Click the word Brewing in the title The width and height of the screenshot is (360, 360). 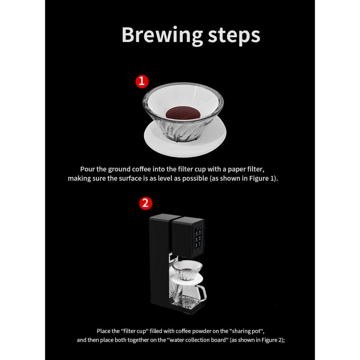(x=162, y=36)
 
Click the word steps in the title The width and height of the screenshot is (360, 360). (x=234, y=36)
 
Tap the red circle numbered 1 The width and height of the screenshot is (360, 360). (x=142, y=81)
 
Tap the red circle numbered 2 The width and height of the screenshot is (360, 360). (x=146, y=203)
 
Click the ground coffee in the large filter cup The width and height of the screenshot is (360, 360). (x=183, y=113)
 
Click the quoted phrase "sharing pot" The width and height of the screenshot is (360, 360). (x=246, y=331)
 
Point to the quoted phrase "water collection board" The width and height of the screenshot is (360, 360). (x=199, y=340)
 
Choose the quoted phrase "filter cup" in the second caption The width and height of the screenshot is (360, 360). (x=135, y=331)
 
